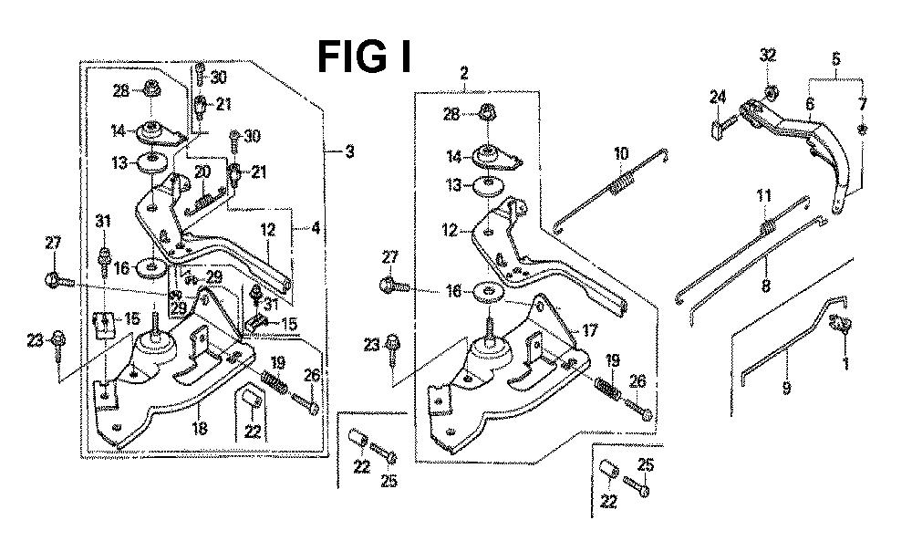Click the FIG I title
coord(365,57)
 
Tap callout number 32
coord(768,56)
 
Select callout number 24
coord(718,98)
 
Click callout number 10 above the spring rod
coord(621,154)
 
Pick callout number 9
coord(786,388)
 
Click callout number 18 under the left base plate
coord(200,429)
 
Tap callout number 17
coord(590,331)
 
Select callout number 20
coord(202,172)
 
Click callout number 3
coord(349,152)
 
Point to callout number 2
coord(463,73)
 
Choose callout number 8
coord(765,286)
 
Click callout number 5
coord(835,58)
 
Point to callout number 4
coord(316,228)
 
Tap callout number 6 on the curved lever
coord(810,104)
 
